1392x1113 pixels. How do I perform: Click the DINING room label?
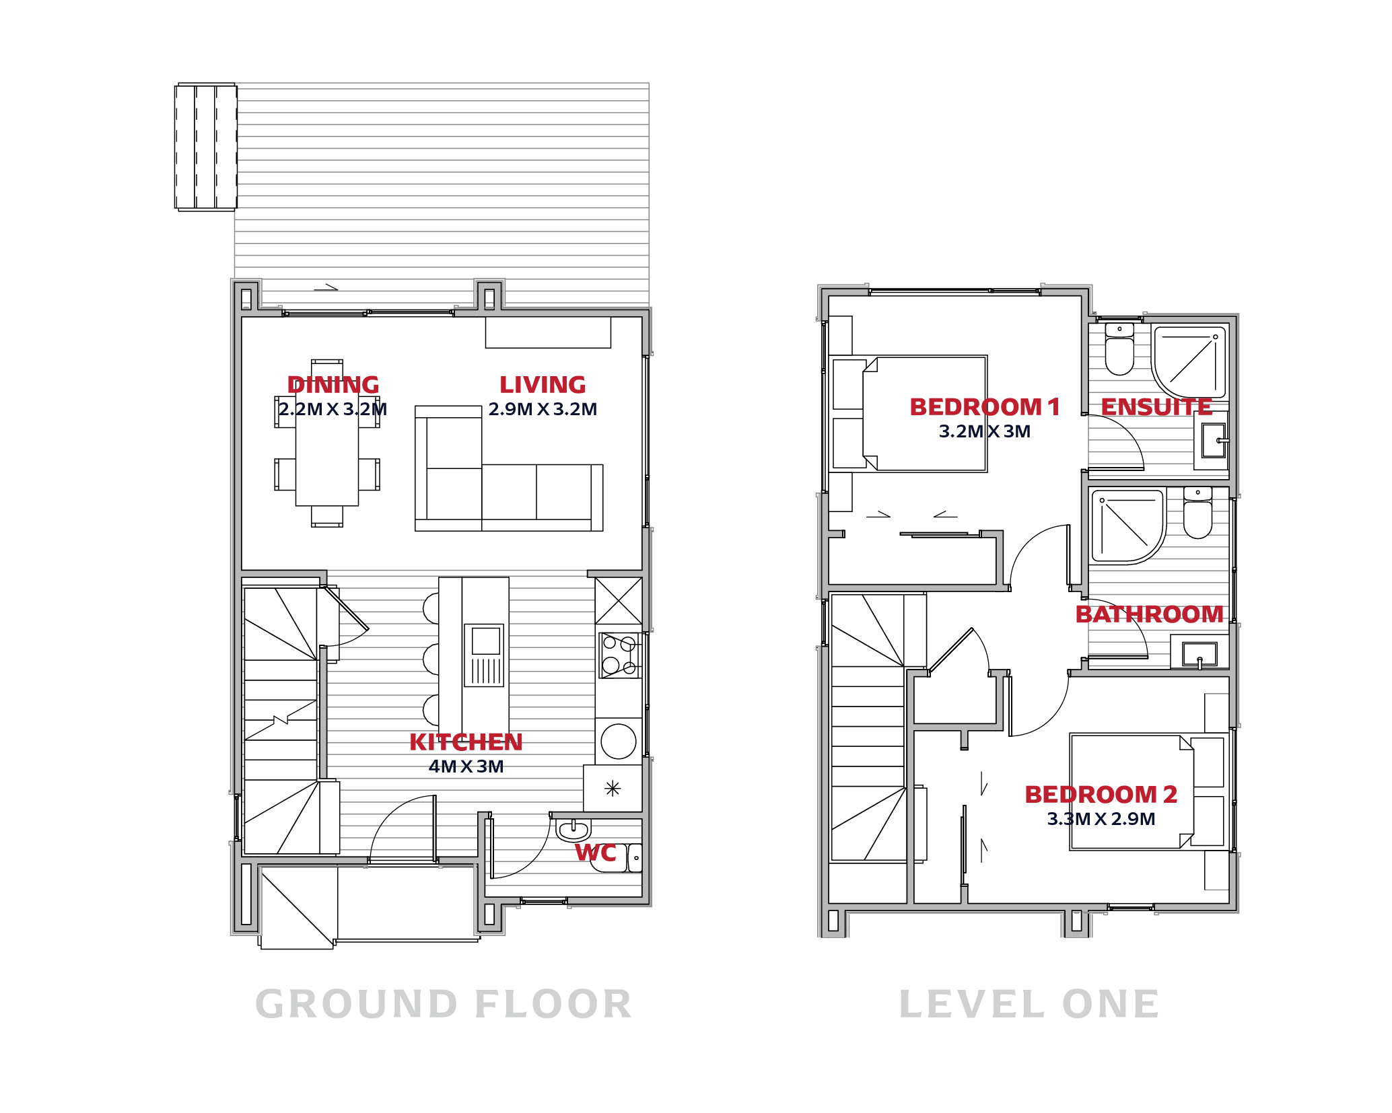[x=333, y=385]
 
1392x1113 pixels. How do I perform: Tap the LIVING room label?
[x=543, y=385]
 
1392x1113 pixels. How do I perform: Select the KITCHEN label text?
[x=466, y=742]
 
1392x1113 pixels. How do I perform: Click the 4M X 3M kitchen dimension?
[x=466, y=766]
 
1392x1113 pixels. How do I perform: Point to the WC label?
[x=596, y=853]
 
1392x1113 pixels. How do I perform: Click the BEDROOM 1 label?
[x=985, y=407]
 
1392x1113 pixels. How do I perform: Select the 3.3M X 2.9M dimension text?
[x=1101, y=819]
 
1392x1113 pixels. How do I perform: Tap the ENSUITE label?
[x=1156, y=407]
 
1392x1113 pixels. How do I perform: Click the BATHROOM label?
[x=1149, y=614]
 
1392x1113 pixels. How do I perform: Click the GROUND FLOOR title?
[x=444, y=1005]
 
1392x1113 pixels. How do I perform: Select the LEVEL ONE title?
[x=1029, y=1005]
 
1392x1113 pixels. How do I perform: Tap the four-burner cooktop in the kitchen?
[x=620, y=655]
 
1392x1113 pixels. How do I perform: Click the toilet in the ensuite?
[x=1119, y=349]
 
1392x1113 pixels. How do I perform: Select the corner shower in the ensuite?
[x=1189, y=361]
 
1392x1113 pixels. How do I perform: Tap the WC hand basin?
[x=573, y=830]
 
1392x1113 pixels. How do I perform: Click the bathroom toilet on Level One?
[x=1197, y=513]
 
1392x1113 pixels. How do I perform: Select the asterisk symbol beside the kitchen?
[x=613, y=788]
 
